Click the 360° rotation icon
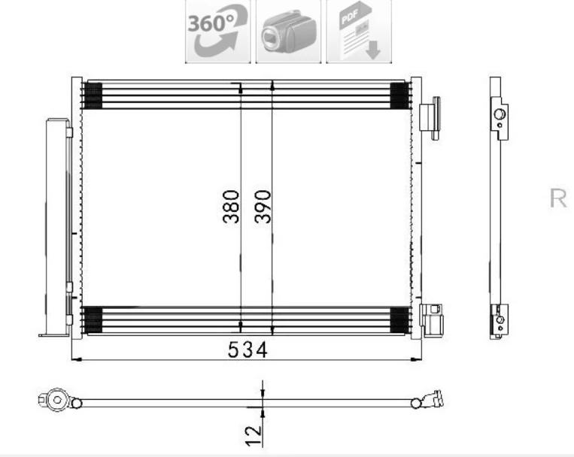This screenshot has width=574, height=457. pyautogui.click(x=217, y=32)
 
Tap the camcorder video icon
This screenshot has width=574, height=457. pyautogui.click(x=288, y=32)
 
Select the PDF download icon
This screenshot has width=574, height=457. pyautogui.click(x=359, y=32)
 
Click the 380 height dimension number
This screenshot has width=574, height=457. pyautogui.click(x=231, y=207)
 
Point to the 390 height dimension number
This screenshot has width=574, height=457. pyautogui.click(x=263, y=207)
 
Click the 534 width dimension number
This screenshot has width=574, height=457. pyautogui.click(x=248, y=350)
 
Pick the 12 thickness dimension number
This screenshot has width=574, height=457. pyautogui.click(x=254, y=436)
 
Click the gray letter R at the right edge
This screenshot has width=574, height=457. pyautogui.click(x=558, y=198)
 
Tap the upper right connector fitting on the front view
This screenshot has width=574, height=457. pyautogui.click(x=430, y=118)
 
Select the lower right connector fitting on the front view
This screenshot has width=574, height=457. pyautogui.click(x=432, y=320)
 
